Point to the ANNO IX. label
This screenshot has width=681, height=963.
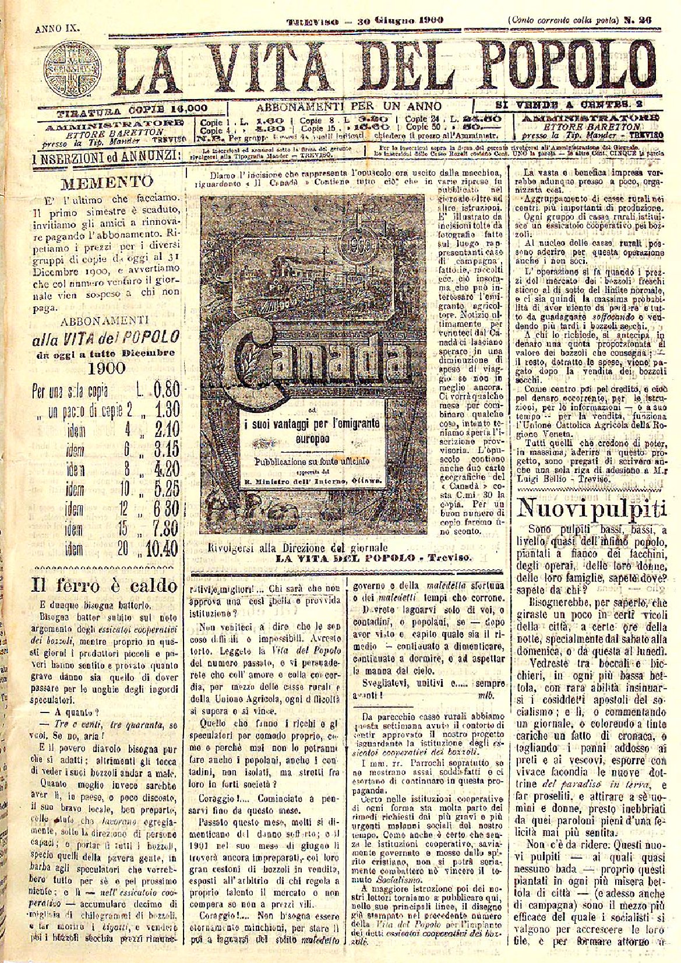(57, 27)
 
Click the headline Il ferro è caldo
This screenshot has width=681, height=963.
(104, 584)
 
